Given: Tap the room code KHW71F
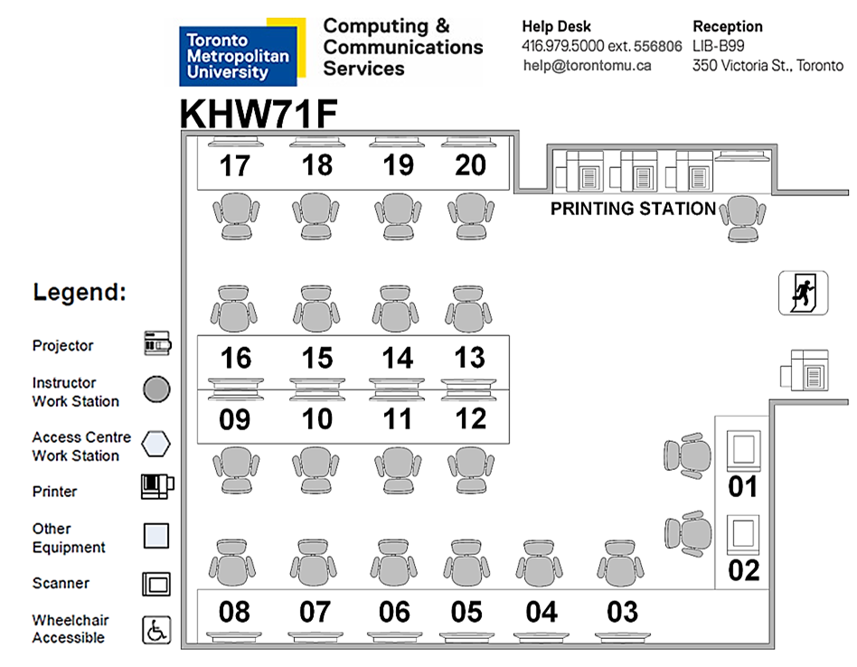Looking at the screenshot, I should tap(259, 115).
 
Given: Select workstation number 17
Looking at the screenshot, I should tap(235, 166).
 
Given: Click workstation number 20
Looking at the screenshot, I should tap(470, 165).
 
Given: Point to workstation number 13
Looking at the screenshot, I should tap(469, 358).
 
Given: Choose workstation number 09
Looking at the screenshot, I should tap(235, 420).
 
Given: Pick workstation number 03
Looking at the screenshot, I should tap(622, 612).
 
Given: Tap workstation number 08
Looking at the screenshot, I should tap(234, 612).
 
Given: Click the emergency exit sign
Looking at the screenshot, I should tap(803, 293).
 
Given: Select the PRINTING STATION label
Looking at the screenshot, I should tap(633, 209).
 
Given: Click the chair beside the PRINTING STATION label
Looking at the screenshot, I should tap(742, 218).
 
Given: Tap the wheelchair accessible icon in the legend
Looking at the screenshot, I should tap(156, 629).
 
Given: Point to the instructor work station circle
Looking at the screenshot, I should tap(156, 390).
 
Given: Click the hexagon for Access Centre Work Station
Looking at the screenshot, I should tap(156, 444).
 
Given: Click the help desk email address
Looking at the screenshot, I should tap(587, 66).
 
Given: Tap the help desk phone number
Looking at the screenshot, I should tap(601, 46).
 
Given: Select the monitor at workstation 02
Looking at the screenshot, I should tap(744, 534).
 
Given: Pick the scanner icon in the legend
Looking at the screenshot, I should tap(156, 584).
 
